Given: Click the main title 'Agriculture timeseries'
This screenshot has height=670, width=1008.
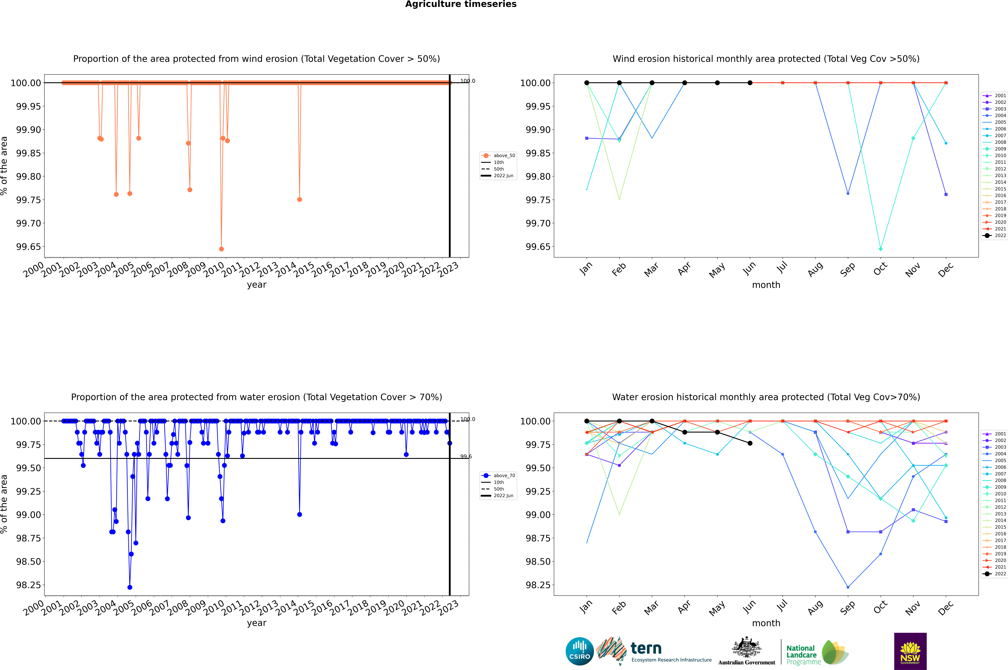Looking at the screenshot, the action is click(x=461, y=4).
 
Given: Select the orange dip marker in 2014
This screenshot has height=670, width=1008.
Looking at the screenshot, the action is click(x=300, y=200).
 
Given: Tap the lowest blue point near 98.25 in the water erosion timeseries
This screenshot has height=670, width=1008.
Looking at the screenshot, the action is click(x=130, y=587).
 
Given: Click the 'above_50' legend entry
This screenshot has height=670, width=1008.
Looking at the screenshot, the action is click(x=498, y=156).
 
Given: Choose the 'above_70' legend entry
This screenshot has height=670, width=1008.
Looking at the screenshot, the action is click(x=498, y=476).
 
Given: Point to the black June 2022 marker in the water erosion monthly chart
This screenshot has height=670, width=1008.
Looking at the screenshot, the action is click(x=750, y=443).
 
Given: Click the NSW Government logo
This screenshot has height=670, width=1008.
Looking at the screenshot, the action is click(x=910, y=651).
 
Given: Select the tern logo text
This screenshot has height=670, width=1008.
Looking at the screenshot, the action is click(x=646, y=649).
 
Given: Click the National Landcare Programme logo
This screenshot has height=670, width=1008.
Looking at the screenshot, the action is click(x=817, y=653).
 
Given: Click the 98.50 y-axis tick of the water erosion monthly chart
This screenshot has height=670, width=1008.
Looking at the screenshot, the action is click(x=535, y=562).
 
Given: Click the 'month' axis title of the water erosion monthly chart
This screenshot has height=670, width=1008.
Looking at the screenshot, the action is click(x=766, y=623).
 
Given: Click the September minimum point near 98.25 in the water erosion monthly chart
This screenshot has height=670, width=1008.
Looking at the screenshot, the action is click(x=848, y=587).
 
